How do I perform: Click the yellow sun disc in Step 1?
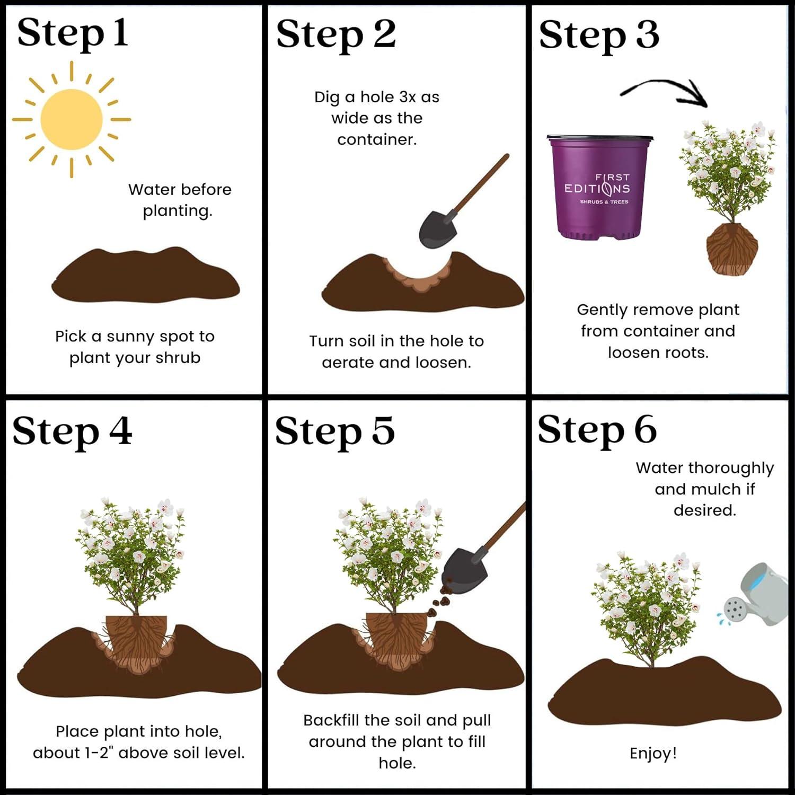point(72,119)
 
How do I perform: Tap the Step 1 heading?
point(73,33)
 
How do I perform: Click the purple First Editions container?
point(599,187)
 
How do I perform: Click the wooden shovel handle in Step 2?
point(480,183)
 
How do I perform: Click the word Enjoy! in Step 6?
point(653,753)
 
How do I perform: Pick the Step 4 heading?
point(72,431)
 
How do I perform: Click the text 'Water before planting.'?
point(179,200)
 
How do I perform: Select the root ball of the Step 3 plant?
point(732,248)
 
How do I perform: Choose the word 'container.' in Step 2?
point(377,139)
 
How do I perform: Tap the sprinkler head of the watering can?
point(734,609)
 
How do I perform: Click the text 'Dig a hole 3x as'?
point(377,97)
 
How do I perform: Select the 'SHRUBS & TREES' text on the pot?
point(604,202)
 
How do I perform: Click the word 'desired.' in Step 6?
point(705,510)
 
